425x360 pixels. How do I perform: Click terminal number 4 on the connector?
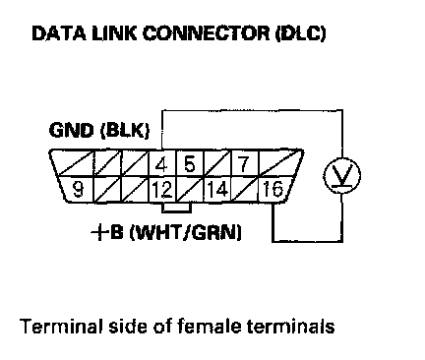click(162, 163)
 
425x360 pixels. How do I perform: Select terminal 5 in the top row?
click(190, 163)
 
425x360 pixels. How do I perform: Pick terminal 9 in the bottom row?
click(78, 189)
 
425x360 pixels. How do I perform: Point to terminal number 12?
click(162, 190)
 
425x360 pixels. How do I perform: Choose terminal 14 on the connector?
click(217, 190)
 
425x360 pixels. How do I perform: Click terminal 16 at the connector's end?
click(273, 190)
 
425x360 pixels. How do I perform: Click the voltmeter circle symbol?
click(342, 175)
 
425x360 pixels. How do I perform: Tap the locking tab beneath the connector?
click(176, 208)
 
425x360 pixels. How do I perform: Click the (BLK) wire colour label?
click(125, 131)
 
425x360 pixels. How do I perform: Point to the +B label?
click(107, 232)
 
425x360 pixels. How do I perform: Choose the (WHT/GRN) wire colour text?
click(186, 233)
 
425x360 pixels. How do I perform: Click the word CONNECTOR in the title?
click(206, 33)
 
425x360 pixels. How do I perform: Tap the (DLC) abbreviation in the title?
click(301, 33)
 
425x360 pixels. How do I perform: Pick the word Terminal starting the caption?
click(61, 327)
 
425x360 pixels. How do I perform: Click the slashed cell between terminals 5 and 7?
click(217, 163)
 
